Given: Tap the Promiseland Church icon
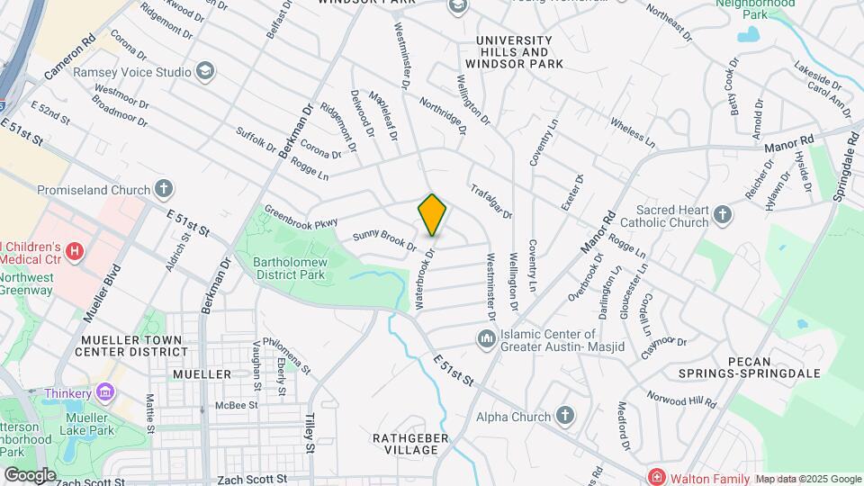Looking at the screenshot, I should (163, 189).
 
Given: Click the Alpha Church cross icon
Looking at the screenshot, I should (564, 416).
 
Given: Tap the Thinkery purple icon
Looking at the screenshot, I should (105, 392).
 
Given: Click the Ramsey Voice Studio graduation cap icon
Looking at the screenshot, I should (206, 71).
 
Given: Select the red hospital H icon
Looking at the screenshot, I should (75, 251).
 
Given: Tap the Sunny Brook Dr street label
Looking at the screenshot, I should (384, 240).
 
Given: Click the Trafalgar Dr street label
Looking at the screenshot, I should (490, 201).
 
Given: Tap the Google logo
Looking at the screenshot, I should (29, 474).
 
